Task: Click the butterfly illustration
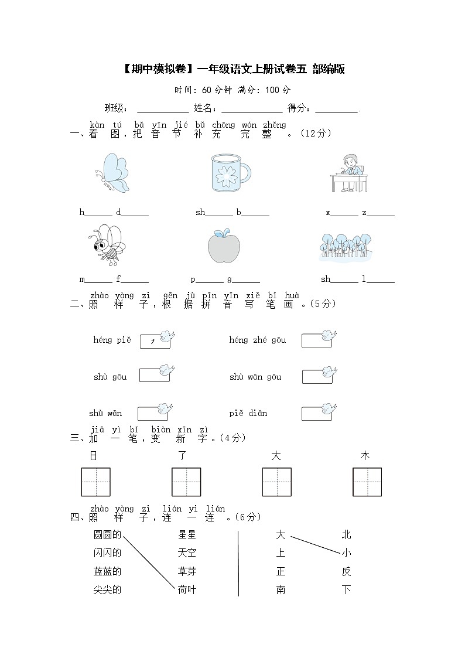(112, 173)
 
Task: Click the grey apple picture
(224, 246)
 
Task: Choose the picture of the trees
(345, 247)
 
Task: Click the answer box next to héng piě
(155, 342)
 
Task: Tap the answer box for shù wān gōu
(317, 376)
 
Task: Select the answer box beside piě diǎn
(317, 413)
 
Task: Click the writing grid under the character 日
(96, 482)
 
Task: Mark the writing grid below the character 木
(367, 482)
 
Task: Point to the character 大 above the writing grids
(276, 456)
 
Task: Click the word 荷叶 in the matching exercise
(187, 589)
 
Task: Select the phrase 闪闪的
(107, 553)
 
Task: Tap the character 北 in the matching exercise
(346, 534)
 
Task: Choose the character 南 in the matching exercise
(281, 589)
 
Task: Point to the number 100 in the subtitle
(272, 90)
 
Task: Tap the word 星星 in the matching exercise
(187, 534)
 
